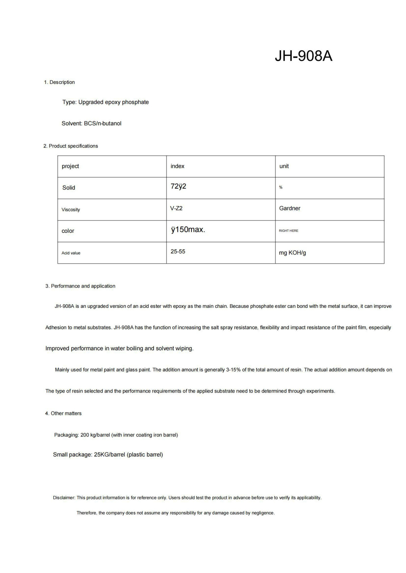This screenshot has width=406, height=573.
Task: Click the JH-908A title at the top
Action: (x=303, y=56)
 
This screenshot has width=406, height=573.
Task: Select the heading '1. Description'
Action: (x=59, y=82)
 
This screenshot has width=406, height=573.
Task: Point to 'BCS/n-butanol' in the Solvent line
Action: (x=103, y=123)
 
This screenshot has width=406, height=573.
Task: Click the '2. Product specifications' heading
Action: (x=71, y=146)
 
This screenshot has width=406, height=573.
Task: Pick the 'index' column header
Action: (x=177, y=166)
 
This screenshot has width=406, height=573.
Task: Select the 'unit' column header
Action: (x=284, y=166)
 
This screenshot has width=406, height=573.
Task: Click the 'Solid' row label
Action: (x=69, y=188)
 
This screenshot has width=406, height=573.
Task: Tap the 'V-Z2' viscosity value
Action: (x=176, y=208)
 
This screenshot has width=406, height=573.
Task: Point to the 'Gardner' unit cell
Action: (x=290, y=208)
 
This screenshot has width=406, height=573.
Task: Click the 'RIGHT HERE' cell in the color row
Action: (x=289, y=231)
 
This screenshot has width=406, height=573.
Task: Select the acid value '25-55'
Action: (x=178, y=251)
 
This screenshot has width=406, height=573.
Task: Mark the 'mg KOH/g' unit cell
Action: (x=292, y=253)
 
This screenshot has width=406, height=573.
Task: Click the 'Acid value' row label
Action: (x=71, y=253)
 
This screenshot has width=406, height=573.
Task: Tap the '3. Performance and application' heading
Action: (x=81, y=286)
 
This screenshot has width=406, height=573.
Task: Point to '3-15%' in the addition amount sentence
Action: (x=233, y=370)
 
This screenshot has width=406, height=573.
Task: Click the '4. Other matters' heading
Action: (x=63, y=413)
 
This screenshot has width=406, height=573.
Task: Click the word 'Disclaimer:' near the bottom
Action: (x=64, y=498)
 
